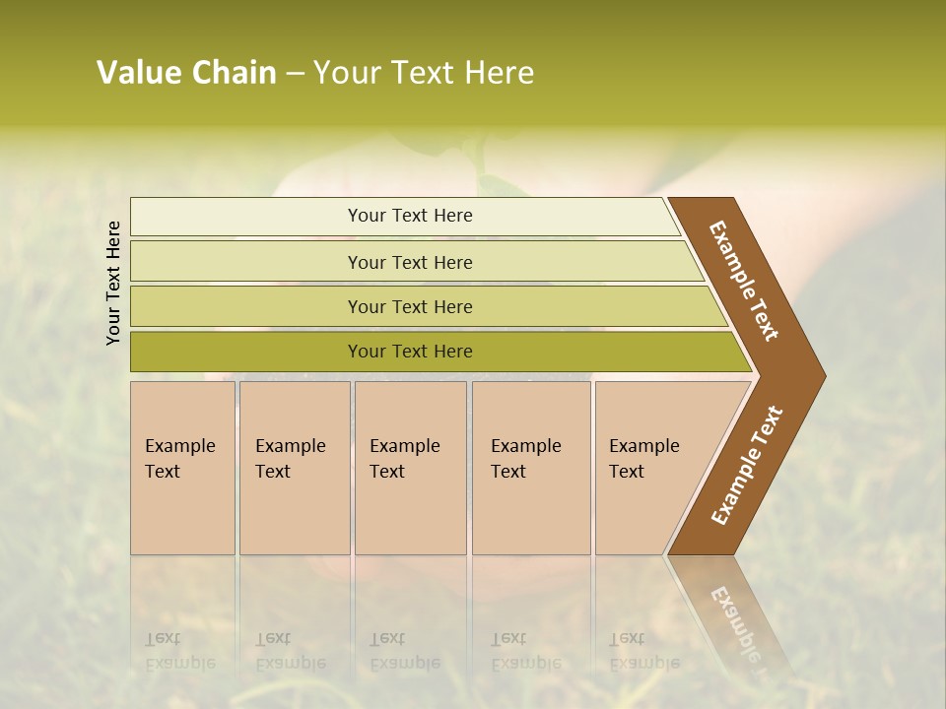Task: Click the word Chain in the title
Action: coord(234,73)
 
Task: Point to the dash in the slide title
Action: coord(295,74)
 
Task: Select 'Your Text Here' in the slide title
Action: coord(424,73)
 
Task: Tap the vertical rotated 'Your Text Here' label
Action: coord(113,283)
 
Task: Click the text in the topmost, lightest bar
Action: coord(410,216)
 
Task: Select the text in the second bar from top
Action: coord(410,263)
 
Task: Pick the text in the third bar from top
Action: coord(410,307)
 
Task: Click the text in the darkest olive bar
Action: coord(410,352)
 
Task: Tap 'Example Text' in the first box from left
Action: coord(179,459)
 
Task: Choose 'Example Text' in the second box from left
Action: coord(290,459)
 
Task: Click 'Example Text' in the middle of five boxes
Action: coord(404,459)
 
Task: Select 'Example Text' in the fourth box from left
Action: coord(525,459)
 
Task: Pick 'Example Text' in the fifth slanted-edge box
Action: coord(643,459)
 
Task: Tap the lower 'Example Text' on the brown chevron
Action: coord(747,466)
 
